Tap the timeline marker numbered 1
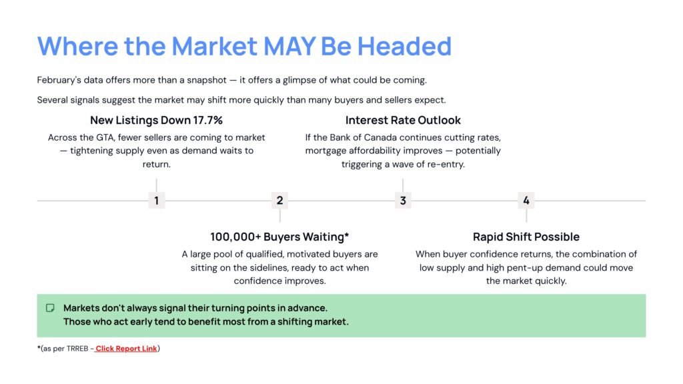(x=156, y=201)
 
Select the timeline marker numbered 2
(x=279, y=201)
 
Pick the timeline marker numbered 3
(x=403, y=201)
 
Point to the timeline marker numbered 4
(x=526, y=201)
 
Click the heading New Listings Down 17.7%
(x=156, y=121)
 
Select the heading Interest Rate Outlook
(x=403, y=121)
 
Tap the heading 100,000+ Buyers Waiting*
(x=279, y=237)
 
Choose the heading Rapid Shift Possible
(x=526, y=237)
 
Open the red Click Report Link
(x=126, y=349)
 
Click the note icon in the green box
(x=50, y=308)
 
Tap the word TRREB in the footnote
(x=77, y=349)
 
